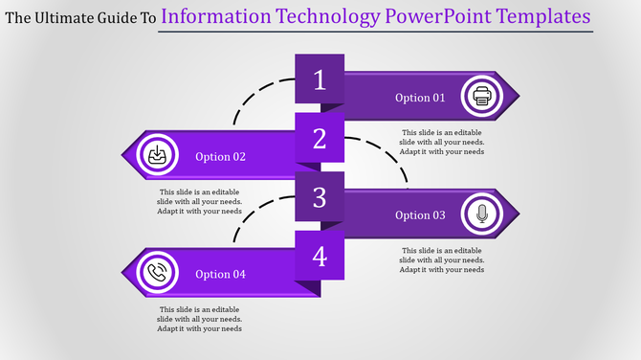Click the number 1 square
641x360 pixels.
320,79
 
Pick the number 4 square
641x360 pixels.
320,256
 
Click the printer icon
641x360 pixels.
480,97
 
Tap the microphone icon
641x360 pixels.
480,214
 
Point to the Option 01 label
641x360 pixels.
420,98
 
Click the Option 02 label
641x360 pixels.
221,157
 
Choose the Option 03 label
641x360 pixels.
420,215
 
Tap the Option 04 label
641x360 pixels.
221,275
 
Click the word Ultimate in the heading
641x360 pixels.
68,17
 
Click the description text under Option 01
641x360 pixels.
442,142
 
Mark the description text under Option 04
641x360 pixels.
200,319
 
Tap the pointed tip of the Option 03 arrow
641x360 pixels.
517,214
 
